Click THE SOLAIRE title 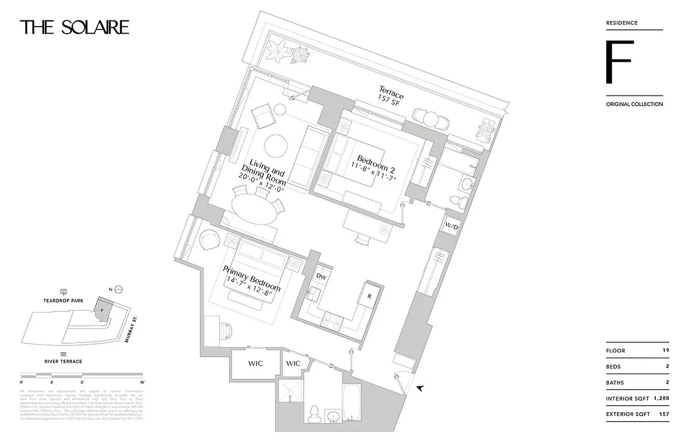tap(75, 28)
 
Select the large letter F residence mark tap(618, 62)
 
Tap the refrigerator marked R tap(368, 296)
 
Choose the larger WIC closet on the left tap(255, 364)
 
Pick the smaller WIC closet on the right tap(293, 363)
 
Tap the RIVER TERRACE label tap(63, 361)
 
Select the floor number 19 tap(664, 350)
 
